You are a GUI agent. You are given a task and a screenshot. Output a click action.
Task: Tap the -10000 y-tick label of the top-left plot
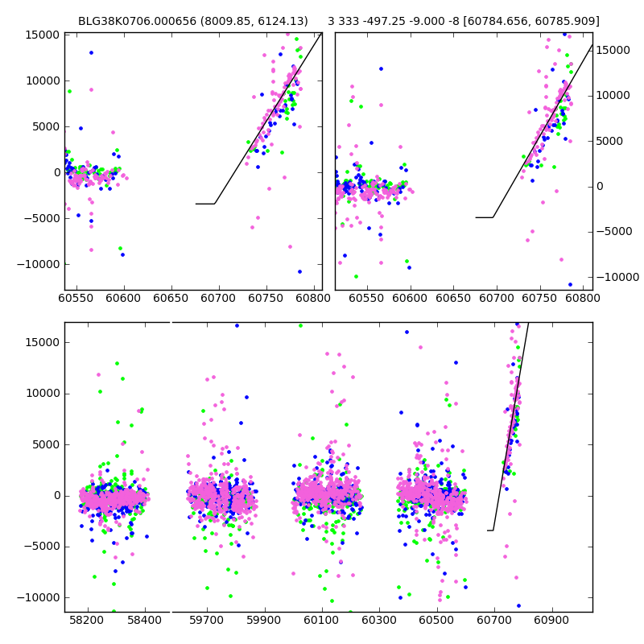coord(36,264)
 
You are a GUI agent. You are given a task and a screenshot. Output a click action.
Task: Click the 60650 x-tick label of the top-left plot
coord(171,298)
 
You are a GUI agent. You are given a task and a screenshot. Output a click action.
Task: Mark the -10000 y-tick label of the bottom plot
coord(36,597)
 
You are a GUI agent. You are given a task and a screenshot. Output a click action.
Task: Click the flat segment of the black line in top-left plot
coord(205,204)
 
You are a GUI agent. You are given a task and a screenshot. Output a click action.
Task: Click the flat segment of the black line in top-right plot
coord(484,217)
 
